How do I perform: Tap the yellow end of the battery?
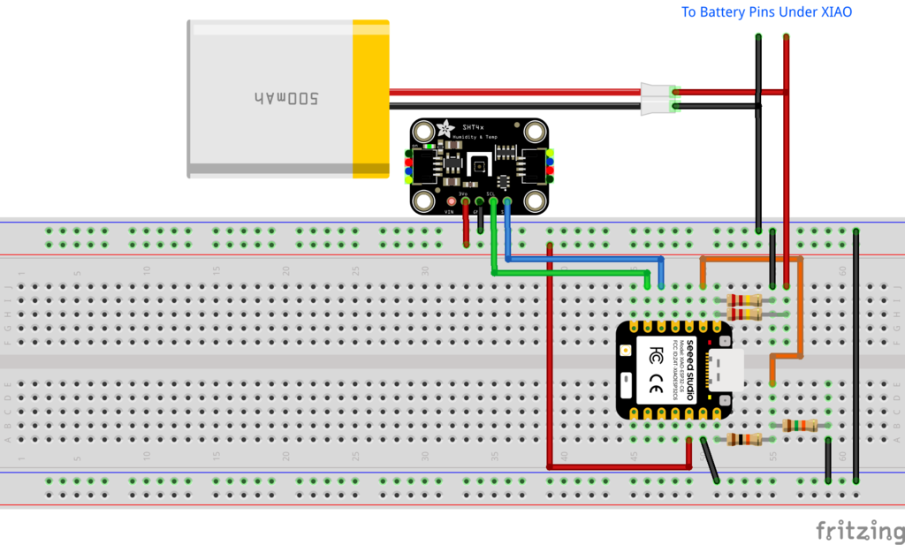pos(371,99)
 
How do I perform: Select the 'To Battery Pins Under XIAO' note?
pos(766,12)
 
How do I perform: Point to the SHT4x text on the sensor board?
pos(474,129)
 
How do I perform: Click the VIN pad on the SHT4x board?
pos(451,202)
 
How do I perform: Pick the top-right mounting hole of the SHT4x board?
pos(534,132)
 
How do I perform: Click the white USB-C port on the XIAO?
pos(730,371)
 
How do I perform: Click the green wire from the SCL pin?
pos(566,273)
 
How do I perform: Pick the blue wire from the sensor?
pos(583,259)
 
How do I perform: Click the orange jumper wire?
pos(751,259)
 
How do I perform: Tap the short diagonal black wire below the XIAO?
pos(710,460)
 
